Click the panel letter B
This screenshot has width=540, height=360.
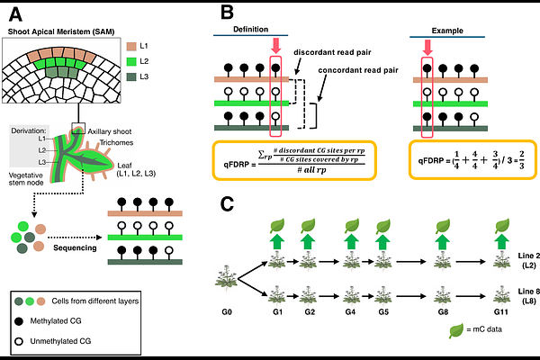[x=229, y=14]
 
